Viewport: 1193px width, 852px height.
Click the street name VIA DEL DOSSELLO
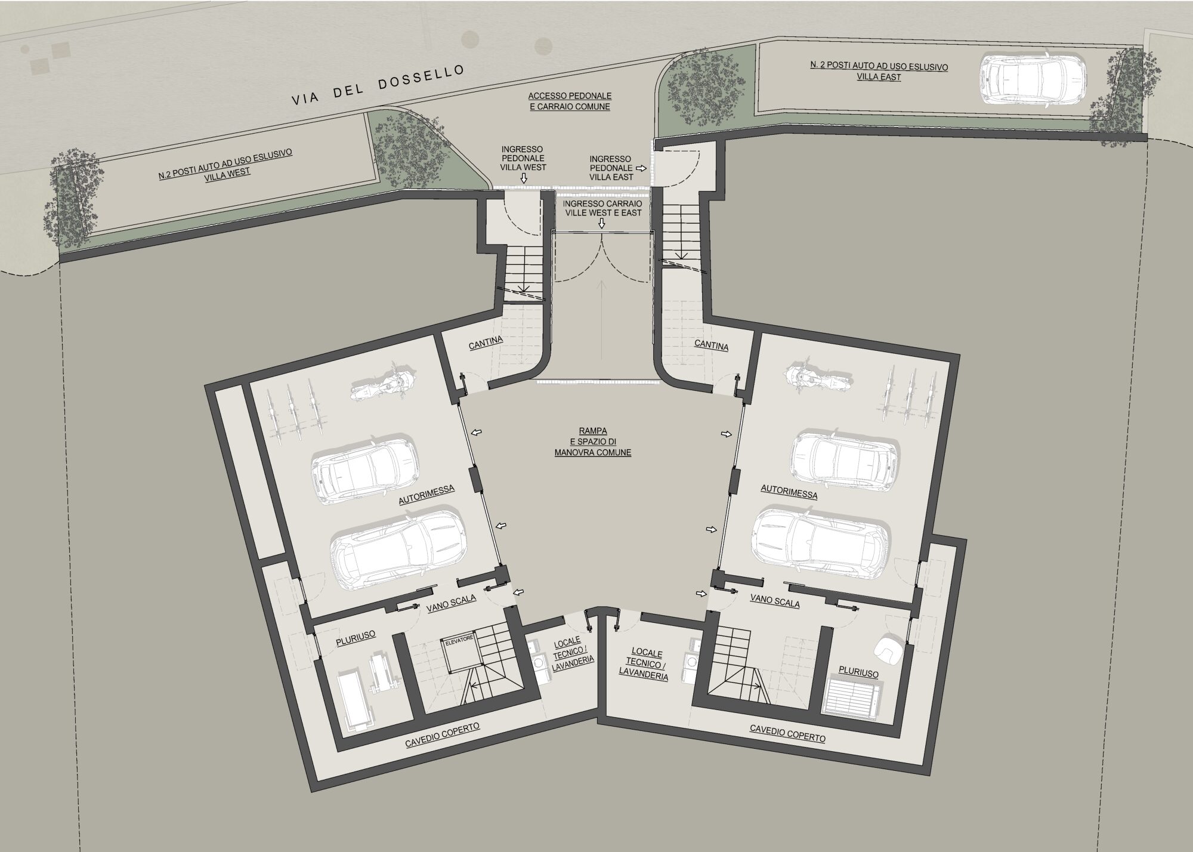click(378, 86)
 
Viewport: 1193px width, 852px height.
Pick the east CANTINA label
click(711, 345)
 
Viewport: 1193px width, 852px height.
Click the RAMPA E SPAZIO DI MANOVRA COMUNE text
click(592, 441)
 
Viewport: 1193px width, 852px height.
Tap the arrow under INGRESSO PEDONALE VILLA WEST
click(524, 178)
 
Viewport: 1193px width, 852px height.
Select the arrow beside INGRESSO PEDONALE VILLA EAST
click(641, 169)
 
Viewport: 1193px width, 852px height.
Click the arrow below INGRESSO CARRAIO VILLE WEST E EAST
click(602, 223)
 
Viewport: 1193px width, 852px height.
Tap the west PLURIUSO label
click(356, 637)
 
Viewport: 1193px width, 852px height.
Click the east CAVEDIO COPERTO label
click(787, 733)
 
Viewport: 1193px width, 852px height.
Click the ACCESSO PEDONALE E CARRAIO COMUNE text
click(570, 101)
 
